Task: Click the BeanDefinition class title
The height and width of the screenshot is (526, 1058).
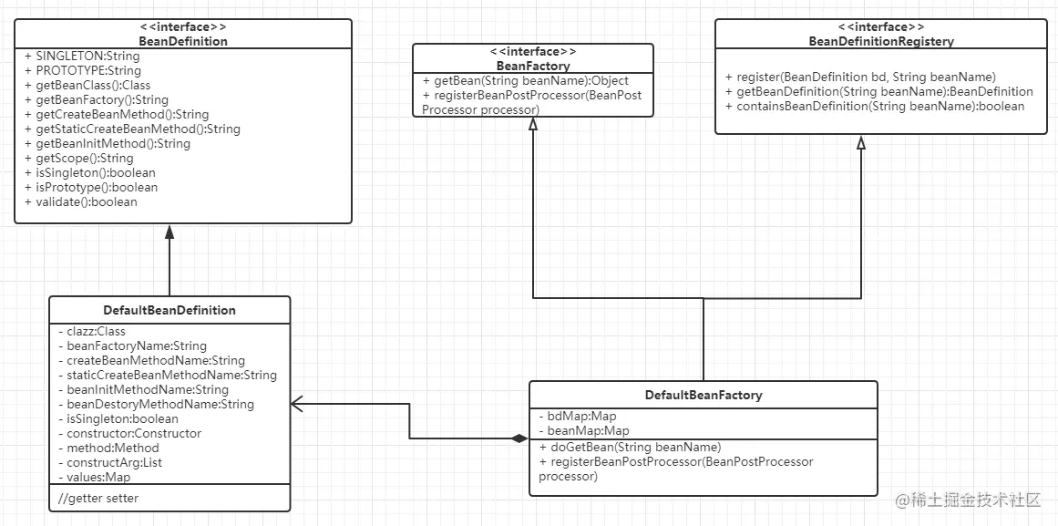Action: [183, 41]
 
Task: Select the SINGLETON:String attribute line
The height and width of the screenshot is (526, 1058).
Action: [82, 56]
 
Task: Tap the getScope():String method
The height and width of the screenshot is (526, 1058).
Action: [79, 158]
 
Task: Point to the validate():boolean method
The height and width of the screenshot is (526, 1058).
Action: [81, 201]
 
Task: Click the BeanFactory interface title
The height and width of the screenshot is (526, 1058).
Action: [533, 66]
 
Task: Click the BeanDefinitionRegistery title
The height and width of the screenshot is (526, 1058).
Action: [881, 41]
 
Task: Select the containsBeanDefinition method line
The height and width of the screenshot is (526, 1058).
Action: [875, 106]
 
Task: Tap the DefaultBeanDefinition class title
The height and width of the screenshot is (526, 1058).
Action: [169, 311]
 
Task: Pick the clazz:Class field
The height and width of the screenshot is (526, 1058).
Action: [92, 332]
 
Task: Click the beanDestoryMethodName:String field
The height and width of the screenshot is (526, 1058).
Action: [156, 405]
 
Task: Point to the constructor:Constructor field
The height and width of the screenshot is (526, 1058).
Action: [129, 434]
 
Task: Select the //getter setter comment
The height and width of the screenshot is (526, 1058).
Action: [98, 499]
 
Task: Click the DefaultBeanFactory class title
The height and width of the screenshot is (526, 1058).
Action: [704, 395]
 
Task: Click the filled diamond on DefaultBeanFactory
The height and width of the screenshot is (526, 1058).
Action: [519, 438]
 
